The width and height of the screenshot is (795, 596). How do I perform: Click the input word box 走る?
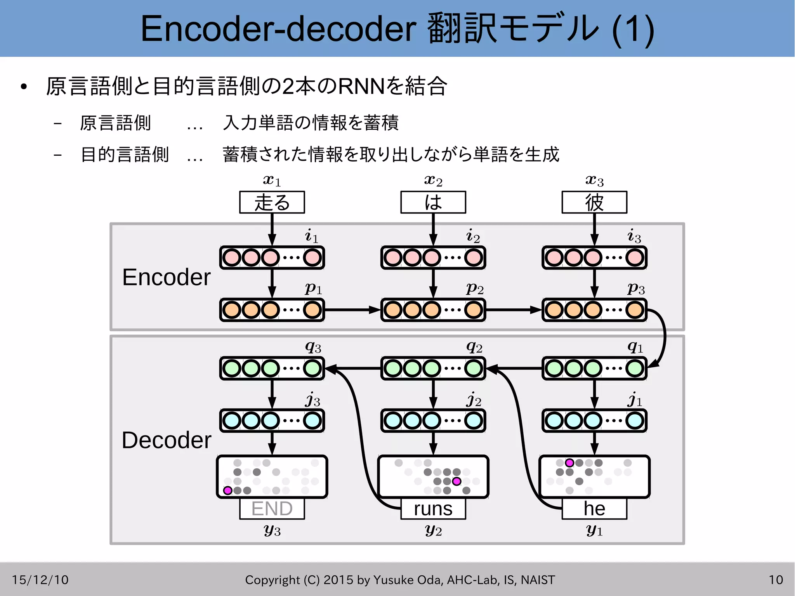pos(272,202)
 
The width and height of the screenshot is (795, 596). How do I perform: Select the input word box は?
pos(433,202)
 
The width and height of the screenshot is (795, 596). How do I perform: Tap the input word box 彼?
pos(594,202)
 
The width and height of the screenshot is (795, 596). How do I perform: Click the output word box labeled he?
pos(594,509)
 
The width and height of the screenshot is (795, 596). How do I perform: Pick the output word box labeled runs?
pos(433,509)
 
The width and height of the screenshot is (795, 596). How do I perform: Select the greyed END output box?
pos(272,509)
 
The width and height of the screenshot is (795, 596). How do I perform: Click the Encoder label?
pos(166,277)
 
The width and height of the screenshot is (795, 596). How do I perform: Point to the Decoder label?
pos(166,440)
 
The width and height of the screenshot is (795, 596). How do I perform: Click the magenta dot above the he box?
pos(569,463)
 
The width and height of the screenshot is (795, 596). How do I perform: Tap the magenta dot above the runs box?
pos(457,481)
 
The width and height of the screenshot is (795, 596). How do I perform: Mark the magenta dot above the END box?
pos(228,491)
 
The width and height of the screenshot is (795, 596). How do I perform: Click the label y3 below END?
pos(272,530)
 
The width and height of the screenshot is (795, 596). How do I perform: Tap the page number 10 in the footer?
pos(776,580)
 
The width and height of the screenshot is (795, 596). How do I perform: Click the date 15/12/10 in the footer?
pos(40,580)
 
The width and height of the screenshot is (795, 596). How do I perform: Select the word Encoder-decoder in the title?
pos(278,29)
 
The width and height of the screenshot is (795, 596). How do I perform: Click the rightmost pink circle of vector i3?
pos(635,257)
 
